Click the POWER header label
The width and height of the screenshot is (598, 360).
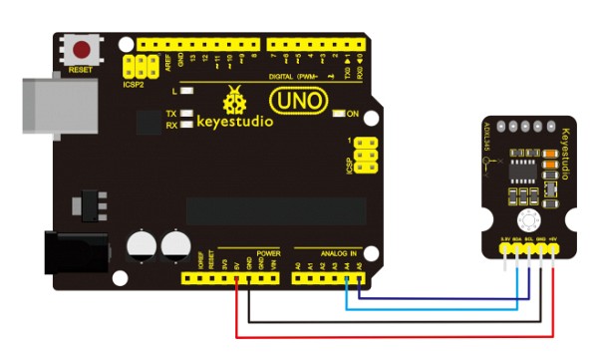point(268,253)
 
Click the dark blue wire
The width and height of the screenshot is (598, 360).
point(439,297)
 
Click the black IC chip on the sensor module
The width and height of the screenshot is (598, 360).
point(521,163)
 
